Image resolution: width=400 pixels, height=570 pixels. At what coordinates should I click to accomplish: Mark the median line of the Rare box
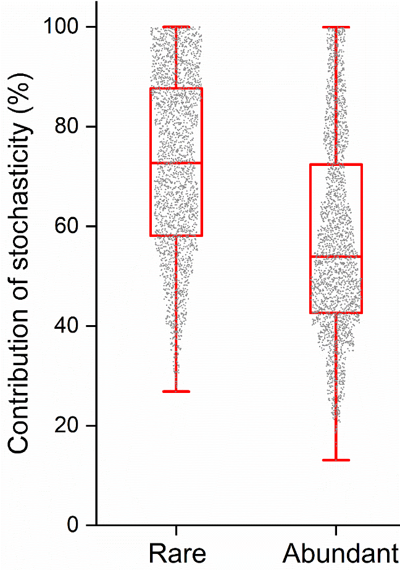pos(177,163)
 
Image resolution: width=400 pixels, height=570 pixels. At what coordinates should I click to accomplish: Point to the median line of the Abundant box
pos(336,256)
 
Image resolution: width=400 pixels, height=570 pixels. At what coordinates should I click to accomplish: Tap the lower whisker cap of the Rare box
pos(177,391)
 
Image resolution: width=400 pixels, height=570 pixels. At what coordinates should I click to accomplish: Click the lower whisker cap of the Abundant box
pos(336,460)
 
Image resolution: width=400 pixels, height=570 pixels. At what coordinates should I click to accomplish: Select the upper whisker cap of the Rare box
pos(177,27)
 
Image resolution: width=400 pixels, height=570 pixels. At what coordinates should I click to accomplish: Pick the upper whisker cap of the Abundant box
pos(336,27)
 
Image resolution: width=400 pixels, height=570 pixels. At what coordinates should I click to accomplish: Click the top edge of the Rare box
pos(177,88)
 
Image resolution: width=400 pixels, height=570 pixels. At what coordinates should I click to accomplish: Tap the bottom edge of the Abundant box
pos(336,313)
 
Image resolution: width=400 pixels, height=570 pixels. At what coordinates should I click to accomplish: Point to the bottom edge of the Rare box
pos(177,236)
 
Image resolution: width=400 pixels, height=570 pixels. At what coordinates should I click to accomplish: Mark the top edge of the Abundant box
pos(336,164)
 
